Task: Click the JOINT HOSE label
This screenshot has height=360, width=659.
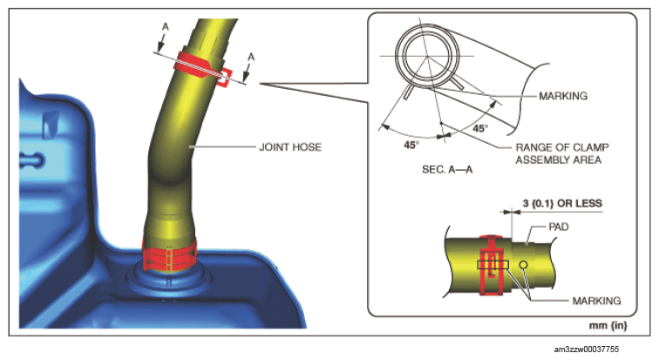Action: pyautogui.click(x=290, y=147)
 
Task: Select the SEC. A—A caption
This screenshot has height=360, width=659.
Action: pyautogui.click(x=447, y=169)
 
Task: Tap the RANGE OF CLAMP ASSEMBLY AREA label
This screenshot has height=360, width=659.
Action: pyautogui.click(x=562, y=153)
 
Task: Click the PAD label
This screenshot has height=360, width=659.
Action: pyautogui.click(x=559, y=227)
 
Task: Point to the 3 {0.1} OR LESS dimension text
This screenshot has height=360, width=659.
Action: pyautogui.click(x=562, y=203)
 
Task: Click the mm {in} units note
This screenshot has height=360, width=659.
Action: pyautogui.click(x=608, y=325)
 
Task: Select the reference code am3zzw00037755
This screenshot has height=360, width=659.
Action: pyautogui.click(x=587, y=350)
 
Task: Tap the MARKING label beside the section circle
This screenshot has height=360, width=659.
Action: pyautogui.click(x=563, y=96)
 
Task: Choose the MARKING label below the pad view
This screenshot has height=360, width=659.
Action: pyautogui.click(x=596, y=301)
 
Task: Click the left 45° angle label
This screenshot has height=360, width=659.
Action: pyautogui.click(x=411, y=145)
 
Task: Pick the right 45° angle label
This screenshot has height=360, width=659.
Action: pyautogui.click(x=480, y=128)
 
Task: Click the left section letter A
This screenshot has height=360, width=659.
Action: pyautogui.click(x=166, y=27)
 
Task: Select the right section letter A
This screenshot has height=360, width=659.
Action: pyautogui.click(x=251, y=57)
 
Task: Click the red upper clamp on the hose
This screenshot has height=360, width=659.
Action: pyautogui.click(x=203, y=68)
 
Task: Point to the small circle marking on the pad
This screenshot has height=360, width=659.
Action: pyautogui.click(x=523, y=265)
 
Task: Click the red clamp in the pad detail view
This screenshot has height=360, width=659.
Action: pyautogui.click(x=492, y=265)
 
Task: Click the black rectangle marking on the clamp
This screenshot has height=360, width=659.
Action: pyautogui.click(x=493, y=265)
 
